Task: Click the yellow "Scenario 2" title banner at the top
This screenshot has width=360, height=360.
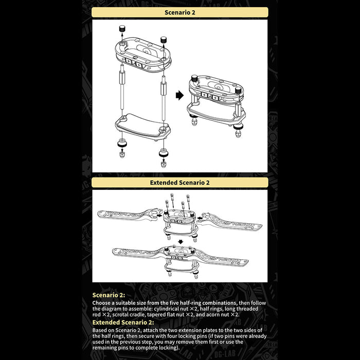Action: click(x=180, y=12)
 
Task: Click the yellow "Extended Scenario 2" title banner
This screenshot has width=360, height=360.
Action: click(x=180, y=182)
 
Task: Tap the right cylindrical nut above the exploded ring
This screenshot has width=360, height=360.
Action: click(x=164, y=40)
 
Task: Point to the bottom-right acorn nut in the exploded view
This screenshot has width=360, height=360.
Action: click(x=164, y=160)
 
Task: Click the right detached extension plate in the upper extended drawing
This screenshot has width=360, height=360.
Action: click(x=234, y=220)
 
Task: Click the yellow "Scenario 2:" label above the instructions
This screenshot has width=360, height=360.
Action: click(x=108, y=295)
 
